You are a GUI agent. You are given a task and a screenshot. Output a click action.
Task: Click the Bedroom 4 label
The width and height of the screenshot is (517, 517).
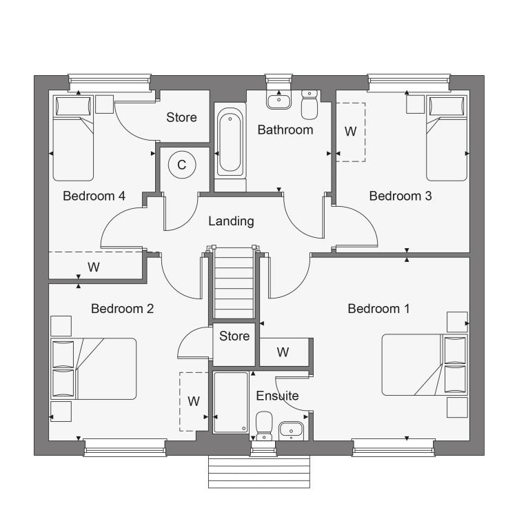tap(94, 196)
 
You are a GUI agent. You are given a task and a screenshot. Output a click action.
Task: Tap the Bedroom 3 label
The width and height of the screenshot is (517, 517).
tap(401, 196)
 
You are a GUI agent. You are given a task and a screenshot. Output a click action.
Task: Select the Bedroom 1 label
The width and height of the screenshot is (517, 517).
tap(378, 309)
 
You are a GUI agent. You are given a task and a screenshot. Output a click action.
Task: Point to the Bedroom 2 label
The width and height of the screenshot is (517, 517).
tap(122, 309)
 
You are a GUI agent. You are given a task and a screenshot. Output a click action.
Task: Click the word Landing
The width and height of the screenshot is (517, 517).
tap(231, 221)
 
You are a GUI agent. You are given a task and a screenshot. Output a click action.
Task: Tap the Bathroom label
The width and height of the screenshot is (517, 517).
tap(285, 130)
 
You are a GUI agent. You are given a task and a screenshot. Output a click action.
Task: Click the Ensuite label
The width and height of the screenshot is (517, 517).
tap(277, 396)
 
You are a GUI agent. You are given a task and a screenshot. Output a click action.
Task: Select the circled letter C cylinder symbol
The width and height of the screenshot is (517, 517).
tap(182, 165)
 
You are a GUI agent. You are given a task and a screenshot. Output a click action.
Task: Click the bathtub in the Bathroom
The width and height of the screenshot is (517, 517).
tap(230, 142)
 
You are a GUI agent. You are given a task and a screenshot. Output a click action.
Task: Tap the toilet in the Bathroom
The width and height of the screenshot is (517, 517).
tap(310, 104)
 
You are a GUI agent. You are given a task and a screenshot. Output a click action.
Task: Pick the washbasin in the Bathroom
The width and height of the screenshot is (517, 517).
tap(279, 99)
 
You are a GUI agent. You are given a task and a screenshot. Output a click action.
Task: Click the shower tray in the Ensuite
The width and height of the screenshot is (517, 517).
tap(231, 403)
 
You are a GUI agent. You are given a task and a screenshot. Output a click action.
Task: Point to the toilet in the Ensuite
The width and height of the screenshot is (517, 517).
tap(264, 426)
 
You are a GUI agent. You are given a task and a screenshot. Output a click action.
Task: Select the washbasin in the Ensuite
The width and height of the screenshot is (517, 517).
tap(291, 431)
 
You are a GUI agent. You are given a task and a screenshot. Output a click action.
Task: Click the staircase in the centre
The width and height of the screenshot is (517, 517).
tap(234, 283)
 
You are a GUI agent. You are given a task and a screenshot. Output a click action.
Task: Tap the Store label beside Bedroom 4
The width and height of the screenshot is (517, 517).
tap(181, 117)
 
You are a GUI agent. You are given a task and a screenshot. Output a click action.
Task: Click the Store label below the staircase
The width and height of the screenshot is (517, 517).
tap(234, 336)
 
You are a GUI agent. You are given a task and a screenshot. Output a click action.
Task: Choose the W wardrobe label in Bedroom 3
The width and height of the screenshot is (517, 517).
tap(350, 132)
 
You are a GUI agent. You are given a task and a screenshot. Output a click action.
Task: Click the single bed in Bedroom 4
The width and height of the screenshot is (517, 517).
tap(73, 138)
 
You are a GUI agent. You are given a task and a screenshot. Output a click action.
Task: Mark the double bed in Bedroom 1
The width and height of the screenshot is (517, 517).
tap(425, 365)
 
